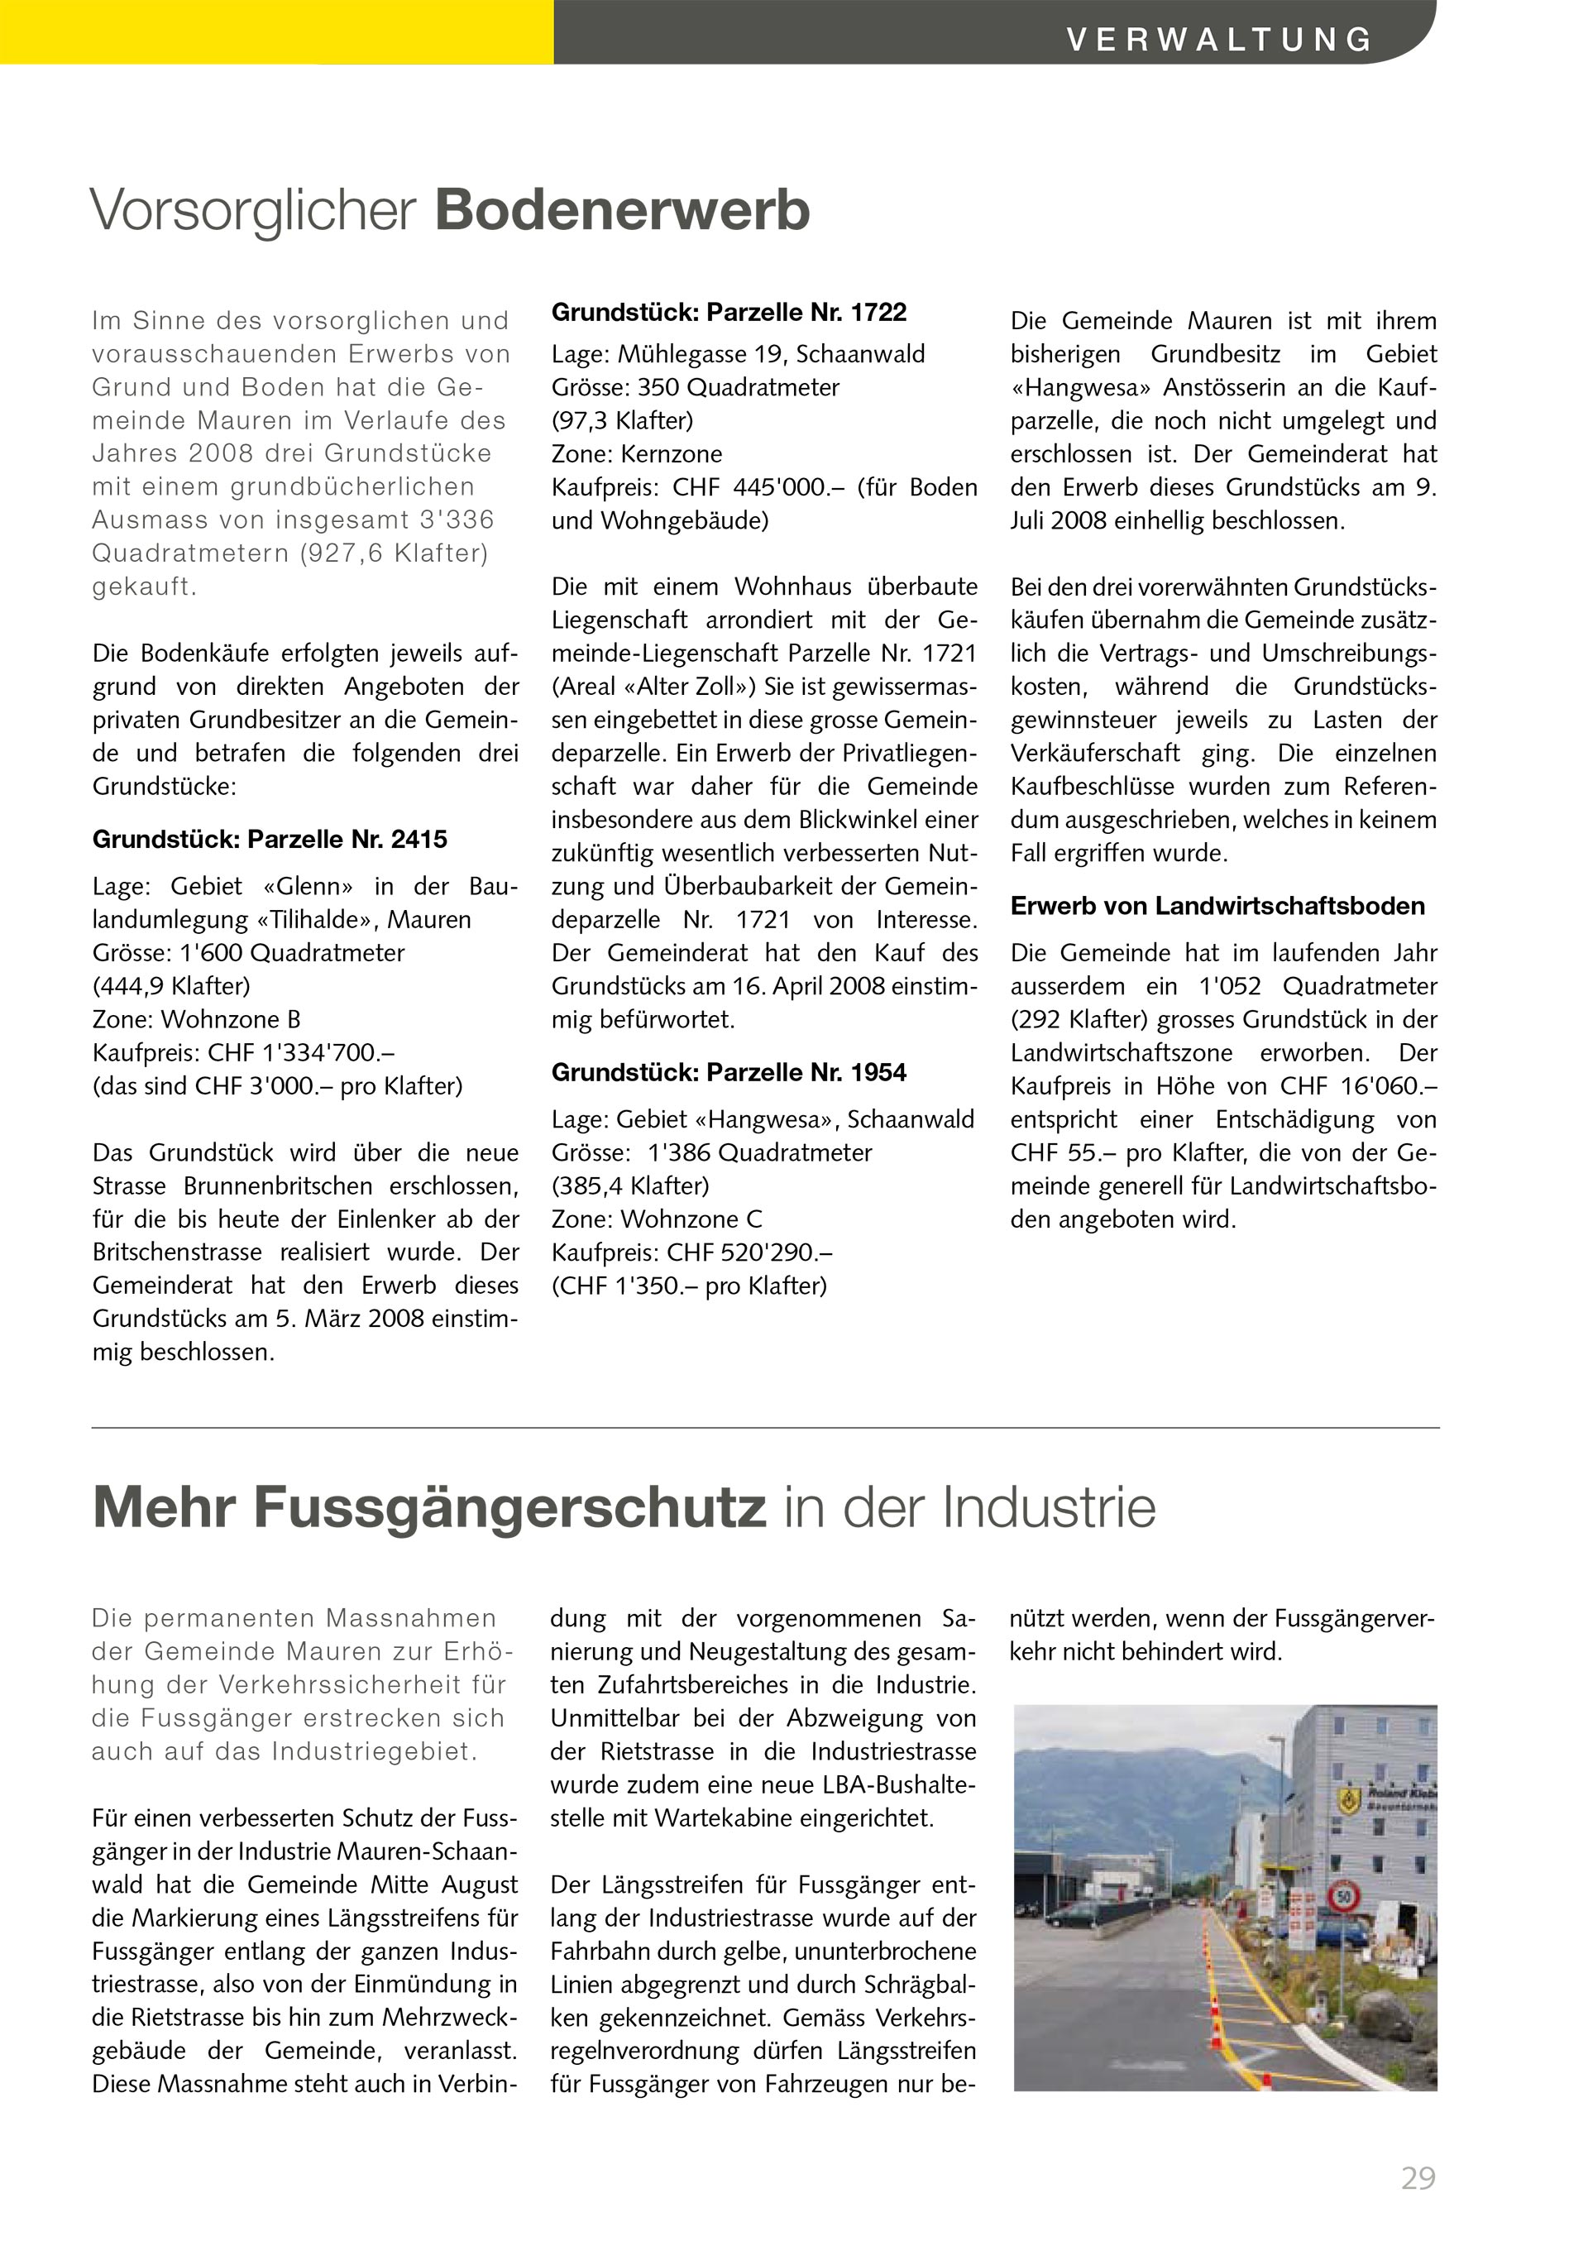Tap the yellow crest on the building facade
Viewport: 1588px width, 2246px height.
[x=1351, y=1797]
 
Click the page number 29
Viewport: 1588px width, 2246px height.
[x=1418, y=2178]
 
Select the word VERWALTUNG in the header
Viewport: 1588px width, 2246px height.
[x=1219, y=39]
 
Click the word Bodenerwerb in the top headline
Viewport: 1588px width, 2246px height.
[x=622, y=210]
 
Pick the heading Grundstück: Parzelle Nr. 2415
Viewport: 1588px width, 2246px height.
[x=270, y=840]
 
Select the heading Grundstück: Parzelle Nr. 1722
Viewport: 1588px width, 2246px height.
[x=729, y=312]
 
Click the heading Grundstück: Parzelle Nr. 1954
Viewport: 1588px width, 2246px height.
[x=729, y=1072]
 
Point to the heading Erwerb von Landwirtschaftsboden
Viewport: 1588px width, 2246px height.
[x=1217, y=906]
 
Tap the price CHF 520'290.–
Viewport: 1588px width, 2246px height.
[x=750, y=1252]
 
